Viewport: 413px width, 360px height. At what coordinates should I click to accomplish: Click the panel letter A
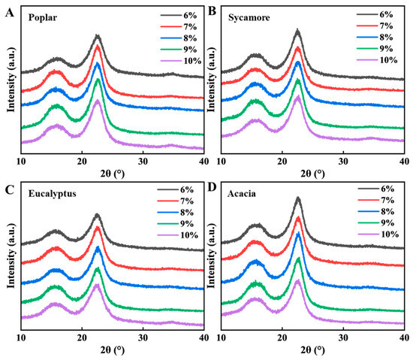10,13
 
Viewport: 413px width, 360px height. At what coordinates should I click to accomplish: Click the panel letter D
212,187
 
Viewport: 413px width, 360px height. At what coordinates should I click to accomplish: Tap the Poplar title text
43,17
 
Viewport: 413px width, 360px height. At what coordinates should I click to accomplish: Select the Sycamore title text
249,17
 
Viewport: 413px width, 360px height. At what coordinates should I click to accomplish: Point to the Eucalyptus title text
52,194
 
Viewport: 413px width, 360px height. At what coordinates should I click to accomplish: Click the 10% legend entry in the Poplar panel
181,61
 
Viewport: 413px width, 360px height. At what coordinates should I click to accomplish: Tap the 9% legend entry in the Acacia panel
376,223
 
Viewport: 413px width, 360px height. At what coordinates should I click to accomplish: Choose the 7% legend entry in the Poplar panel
179,27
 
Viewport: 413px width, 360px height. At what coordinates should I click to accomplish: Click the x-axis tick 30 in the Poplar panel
143,162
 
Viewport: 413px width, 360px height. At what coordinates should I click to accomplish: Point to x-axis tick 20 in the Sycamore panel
282,162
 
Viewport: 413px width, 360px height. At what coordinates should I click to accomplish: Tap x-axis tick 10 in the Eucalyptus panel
21,337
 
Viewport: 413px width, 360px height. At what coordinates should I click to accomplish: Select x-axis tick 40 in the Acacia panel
404,337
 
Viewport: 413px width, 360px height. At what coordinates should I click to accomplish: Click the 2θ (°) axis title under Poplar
113,174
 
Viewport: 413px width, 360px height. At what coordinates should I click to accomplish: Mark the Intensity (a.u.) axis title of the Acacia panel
212,256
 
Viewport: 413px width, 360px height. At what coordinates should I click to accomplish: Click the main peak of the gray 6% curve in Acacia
298,198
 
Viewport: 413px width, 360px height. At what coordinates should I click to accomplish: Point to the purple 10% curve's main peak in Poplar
97,101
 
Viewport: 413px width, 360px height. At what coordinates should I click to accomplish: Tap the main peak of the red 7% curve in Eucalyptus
98,228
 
